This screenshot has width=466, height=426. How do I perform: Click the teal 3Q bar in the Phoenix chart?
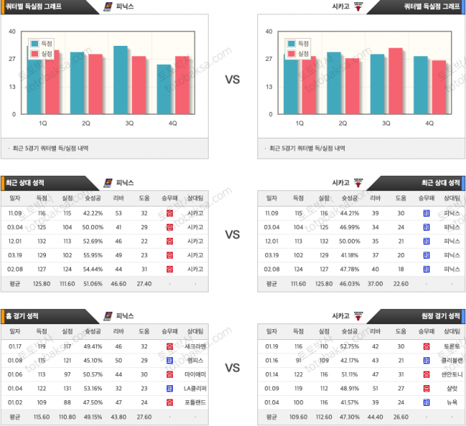121,80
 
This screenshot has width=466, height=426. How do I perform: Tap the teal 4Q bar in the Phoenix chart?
164,90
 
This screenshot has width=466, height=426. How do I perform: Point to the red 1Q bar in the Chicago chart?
308,86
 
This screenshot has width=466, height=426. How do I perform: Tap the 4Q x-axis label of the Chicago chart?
429,123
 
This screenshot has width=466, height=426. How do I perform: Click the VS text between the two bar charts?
232,80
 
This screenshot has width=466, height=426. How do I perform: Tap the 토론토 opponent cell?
452,346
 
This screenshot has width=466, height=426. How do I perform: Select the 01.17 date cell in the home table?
15,346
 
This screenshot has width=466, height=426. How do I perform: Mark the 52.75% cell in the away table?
349,346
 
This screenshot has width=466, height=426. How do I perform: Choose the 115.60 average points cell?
42,416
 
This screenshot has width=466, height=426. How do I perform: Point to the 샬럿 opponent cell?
452,388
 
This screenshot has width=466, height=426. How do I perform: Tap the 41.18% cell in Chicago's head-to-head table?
349,255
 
